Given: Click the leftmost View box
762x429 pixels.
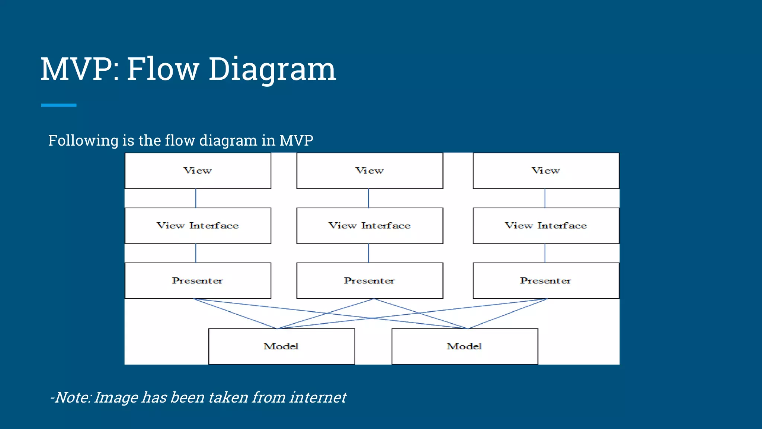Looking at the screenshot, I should click(x=198, y=171).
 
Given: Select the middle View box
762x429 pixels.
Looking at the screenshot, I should click(x=369, y=171).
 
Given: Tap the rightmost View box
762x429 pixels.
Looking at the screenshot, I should click(x=546, y=171).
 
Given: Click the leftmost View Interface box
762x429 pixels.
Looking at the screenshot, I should click(x=198, y=226).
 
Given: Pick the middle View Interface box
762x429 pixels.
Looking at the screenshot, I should click(x=369, y=226).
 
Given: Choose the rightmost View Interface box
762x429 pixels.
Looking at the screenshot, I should click(x=546, y=226).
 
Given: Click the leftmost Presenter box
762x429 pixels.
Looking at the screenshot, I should click(x=198, y=280).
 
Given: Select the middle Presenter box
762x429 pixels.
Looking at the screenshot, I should click(x=369, y=280).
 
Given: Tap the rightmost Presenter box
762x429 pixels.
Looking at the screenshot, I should click(x=546, y=280).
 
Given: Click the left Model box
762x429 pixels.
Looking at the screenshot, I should click(x=281, y=346).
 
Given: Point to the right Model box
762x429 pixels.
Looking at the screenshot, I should click(x=464, y=346).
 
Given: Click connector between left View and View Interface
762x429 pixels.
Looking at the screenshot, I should click(x=196, y=198).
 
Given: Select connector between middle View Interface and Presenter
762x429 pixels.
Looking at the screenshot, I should click(x=368, y=253).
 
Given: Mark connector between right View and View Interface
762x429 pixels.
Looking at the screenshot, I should click(x=545, y=198).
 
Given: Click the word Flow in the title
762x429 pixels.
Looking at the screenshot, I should click(x=163, y=69).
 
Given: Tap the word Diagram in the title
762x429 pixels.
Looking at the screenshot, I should click(x=272, y=69).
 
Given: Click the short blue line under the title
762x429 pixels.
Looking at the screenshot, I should click(x=59, y=105).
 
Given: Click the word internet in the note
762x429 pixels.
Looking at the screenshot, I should click(x=318, y=397).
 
